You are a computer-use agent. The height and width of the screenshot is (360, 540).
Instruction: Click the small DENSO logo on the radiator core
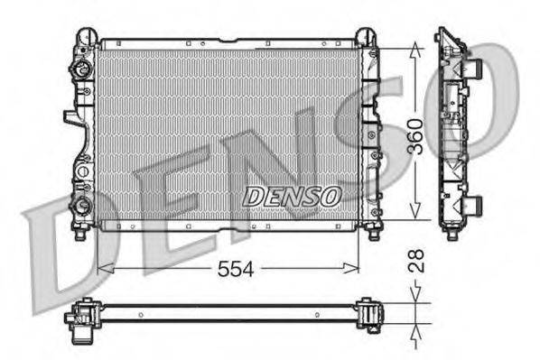tap(291, 194)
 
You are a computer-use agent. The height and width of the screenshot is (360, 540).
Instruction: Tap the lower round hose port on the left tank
tap(82, 205)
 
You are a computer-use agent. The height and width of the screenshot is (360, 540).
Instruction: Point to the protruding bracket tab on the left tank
tap(70, 117)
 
